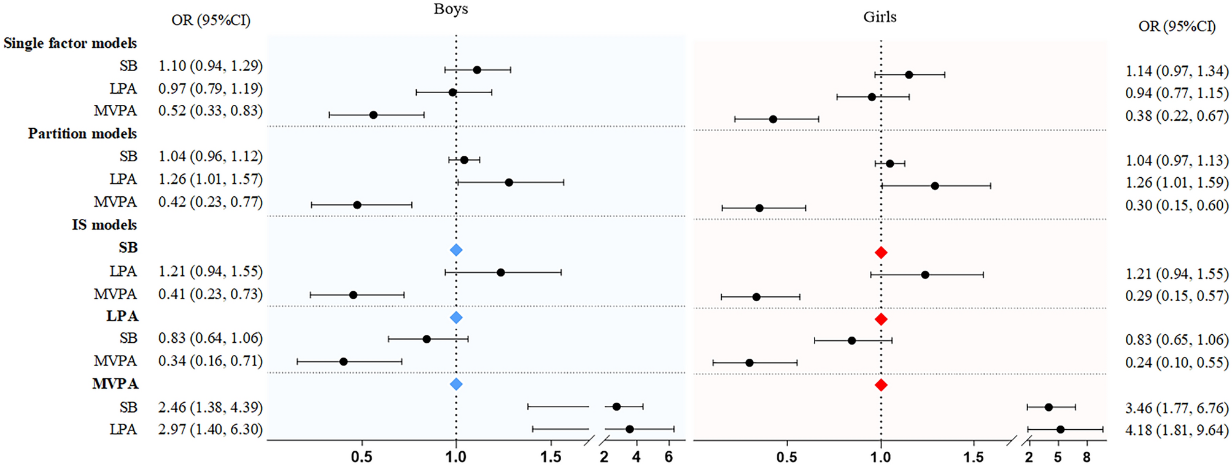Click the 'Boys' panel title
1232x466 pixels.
(451, 9)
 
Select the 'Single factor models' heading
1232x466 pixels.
(70, 44)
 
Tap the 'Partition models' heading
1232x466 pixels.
(82, 134)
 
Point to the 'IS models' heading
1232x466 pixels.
(104, 225)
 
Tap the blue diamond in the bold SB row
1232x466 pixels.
(455, 250)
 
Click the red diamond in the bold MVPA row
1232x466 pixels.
(881, 385)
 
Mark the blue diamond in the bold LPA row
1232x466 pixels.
(455, 318)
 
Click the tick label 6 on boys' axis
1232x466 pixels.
(668, 457)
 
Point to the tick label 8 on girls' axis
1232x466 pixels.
(1087, 457)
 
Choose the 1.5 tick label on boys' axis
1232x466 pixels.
(551, 457)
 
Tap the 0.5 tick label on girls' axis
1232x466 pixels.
(786, 457)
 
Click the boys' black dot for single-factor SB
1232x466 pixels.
(477, 70)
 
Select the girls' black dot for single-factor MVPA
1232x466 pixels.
(773, 119)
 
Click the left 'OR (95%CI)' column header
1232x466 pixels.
(211, 20)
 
